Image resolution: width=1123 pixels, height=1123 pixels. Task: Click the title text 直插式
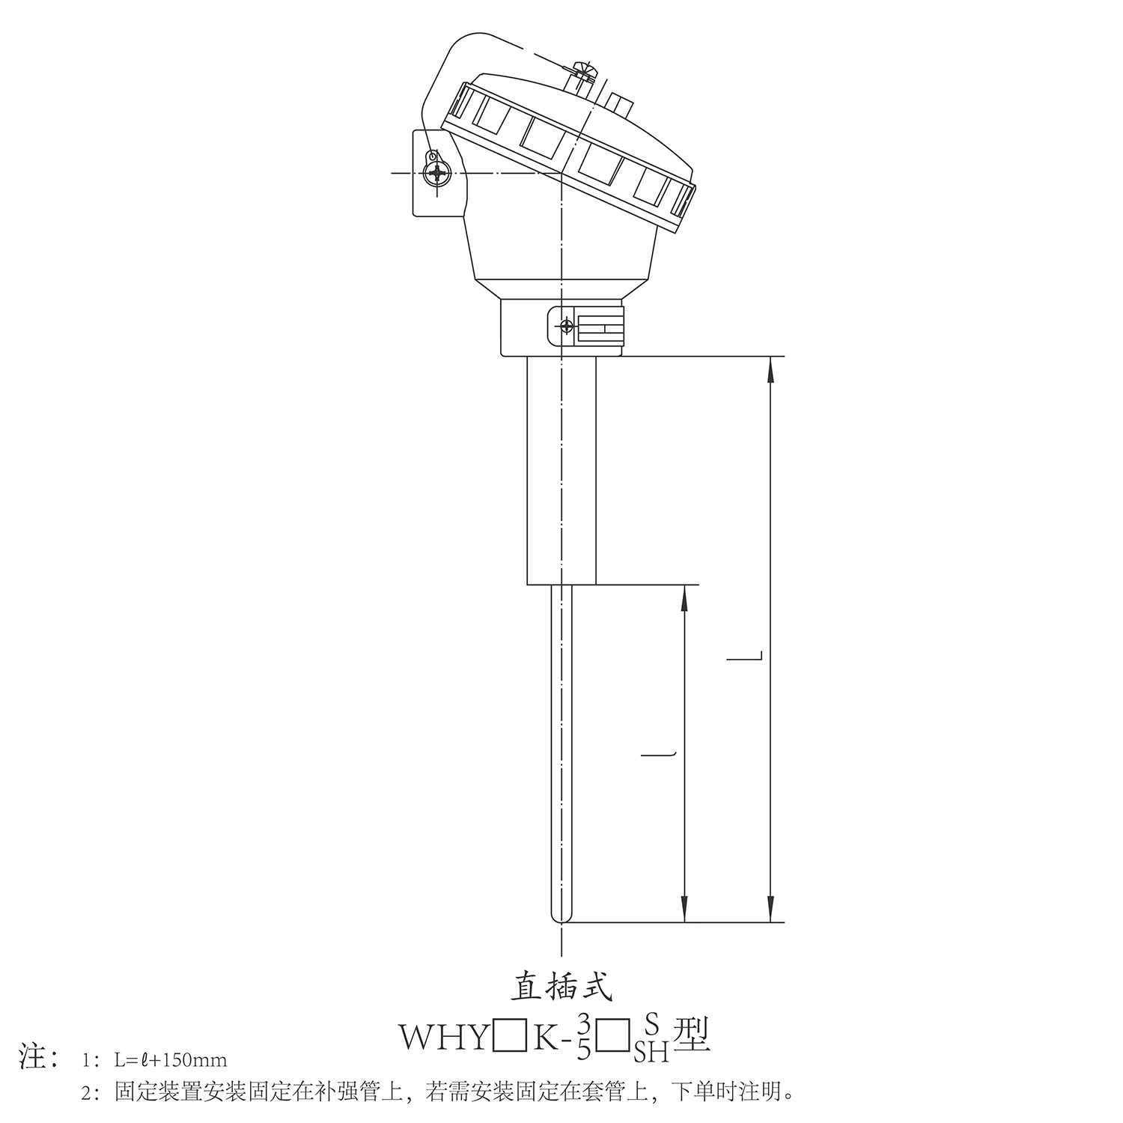561,987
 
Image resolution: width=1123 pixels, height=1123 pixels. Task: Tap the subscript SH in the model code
651,1053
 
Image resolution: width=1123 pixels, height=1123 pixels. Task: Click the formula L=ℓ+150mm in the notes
171,1060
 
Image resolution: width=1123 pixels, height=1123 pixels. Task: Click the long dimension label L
746,659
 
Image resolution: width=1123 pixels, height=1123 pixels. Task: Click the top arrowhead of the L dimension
771,371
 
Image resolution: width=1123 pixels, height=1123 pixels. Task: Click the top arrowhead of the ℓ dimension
684,598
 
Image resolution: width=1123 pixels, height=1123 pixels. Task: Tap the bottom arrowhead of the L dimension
771,909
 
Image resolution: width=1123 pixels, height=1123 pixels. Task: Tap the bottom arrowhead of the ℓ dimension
684,909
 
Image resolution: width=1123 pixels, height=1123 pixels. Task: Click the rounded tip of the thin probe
561,918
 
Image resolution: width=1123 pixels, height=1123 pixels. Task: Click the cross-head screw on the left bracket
435,174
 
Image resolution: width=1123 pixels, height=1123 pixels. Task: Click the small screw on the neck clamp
567,326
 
